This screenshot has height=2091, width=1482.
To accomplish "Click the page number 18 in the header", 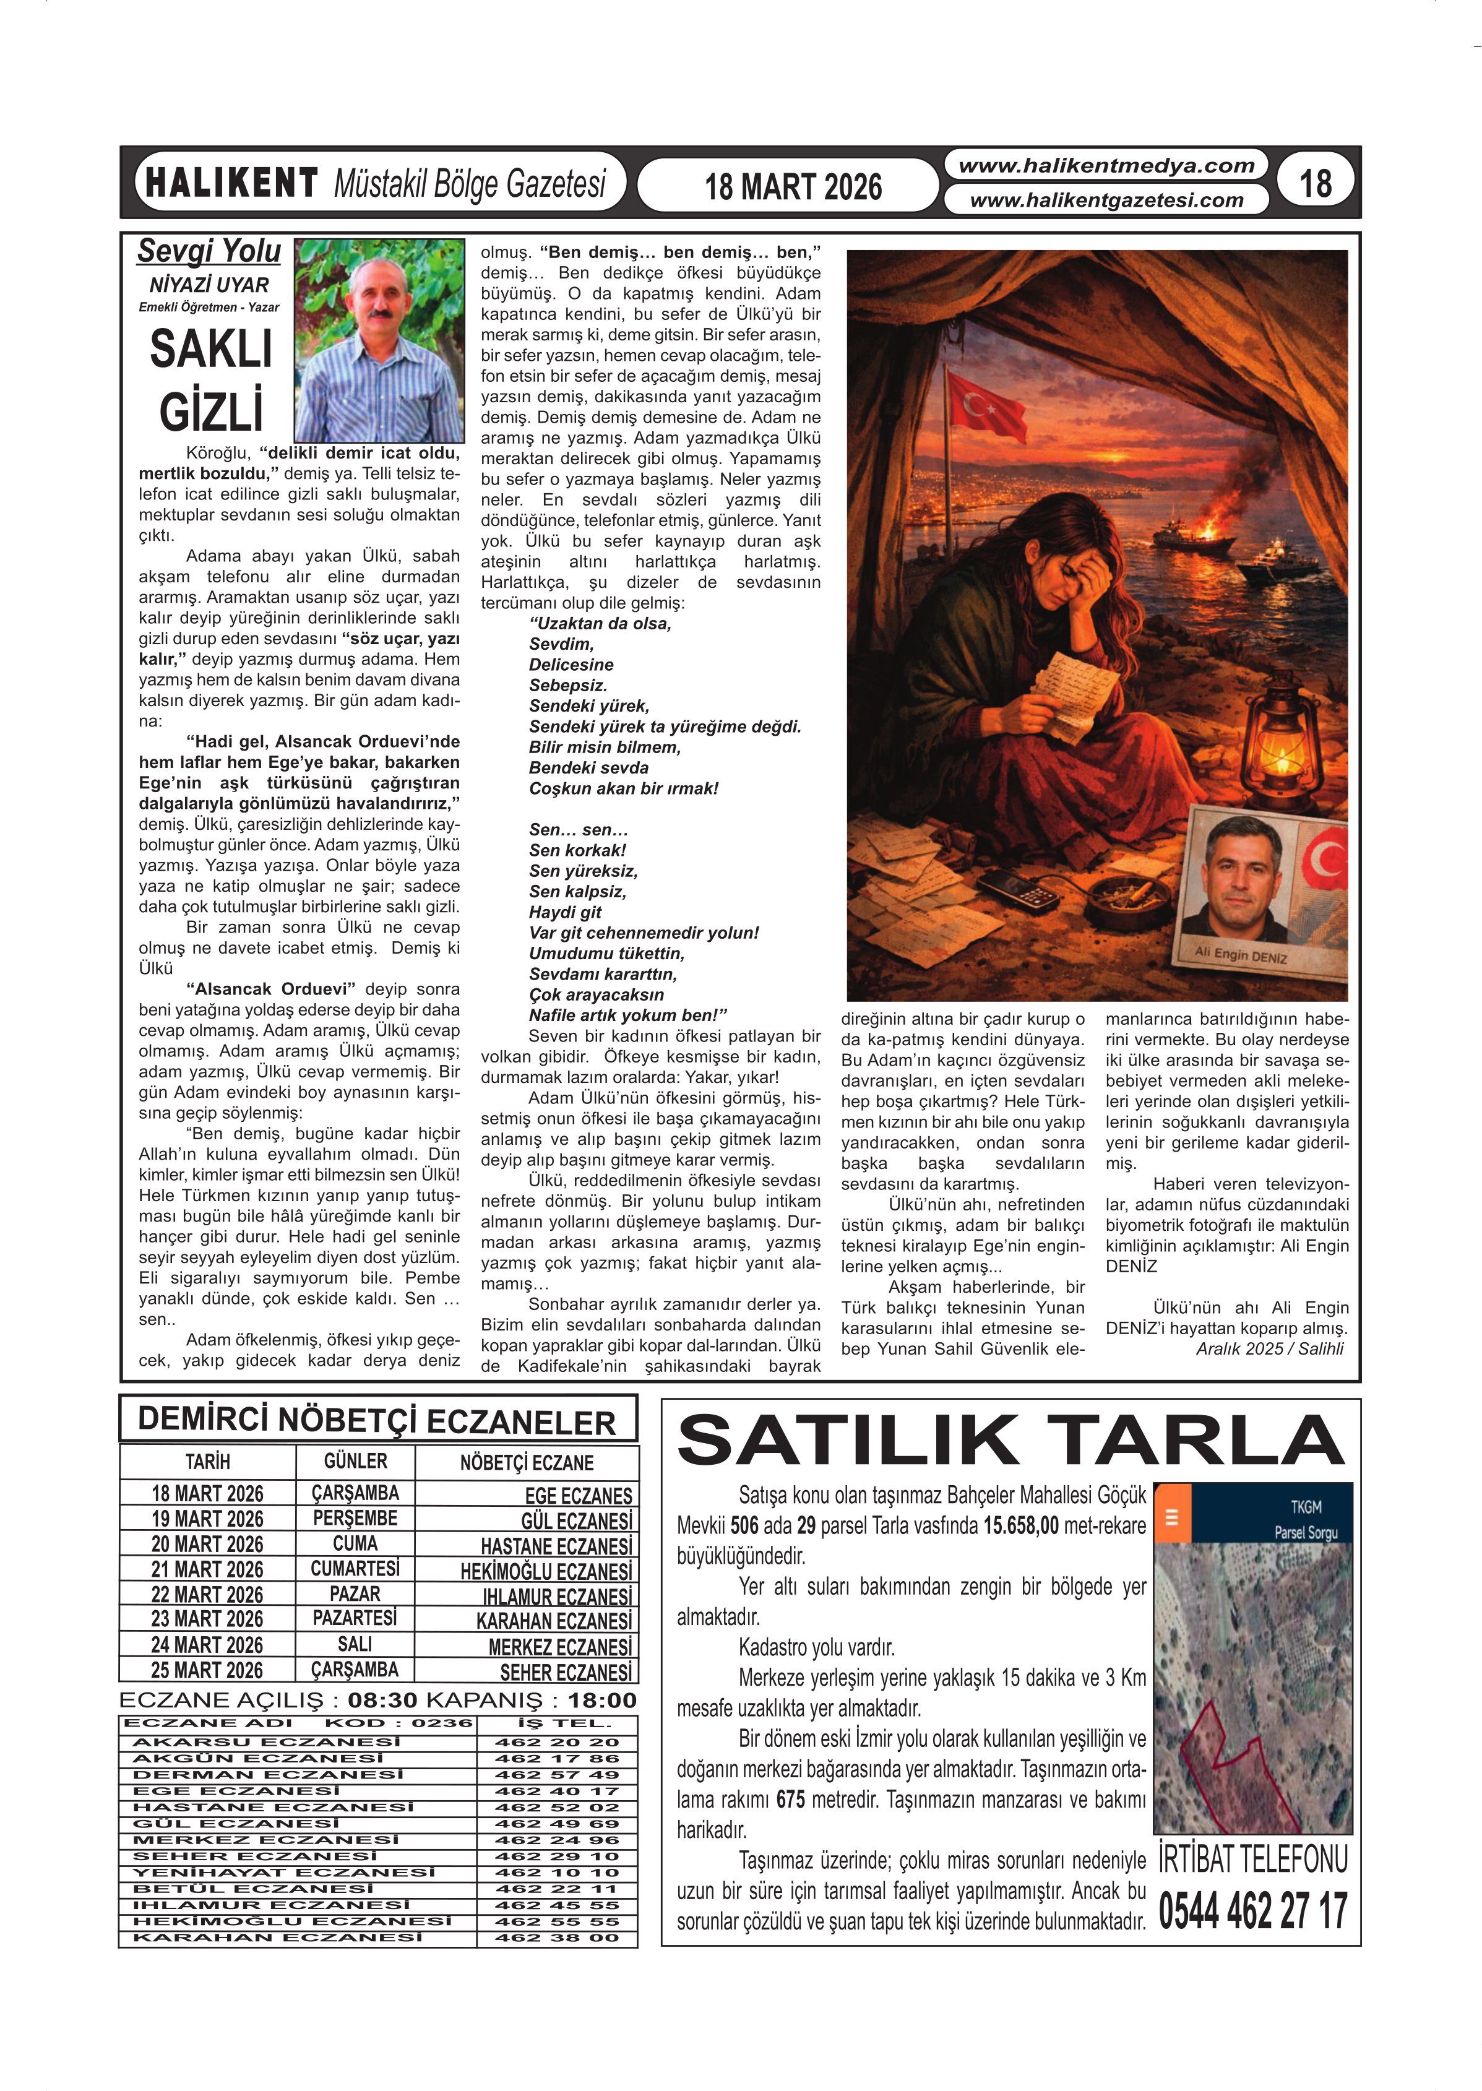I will tap(1315, 183).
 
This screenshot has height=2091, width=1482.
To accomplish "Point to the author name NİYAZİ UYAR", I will tap(209, 285).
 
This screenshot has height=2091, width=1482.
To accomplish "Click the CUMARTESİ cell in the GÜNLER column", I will tap(355, 1569).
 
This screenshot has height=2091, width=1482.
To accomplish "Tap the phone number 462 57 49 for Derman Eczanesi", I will tap(557, 1774).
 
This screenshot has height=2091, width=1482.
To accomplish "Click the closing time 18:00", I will tap(601, 1699).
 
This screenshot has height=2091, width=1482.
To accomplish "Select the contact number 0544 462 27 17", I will tap(1252, 1910).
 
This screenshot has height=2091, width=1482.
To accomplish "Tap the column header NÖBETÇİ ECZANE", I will tap(527, 1463).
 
